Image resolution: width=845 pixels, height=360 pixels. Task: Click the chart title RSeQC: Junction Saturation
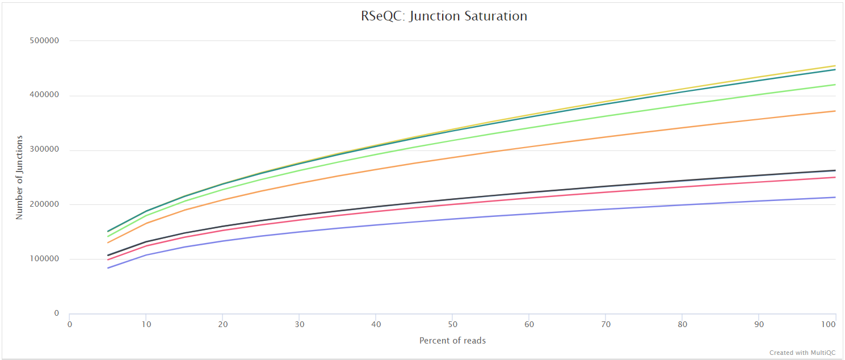click(x=444, y=16)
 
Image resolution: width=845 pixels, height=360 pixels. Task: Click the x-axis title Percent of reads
click(x=452, y=341)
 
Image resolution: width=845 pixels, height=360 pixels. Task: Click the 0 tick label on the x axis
click(x=69, y=324)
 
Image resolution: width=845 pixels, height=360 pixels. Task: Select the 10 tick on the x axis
click(x=146, y=324)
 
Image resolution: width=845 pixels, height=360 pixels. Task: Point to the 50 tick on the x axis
click(x=452, y=324)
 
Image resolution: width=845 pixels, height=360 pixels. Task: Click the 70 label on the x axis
click(x=606, y=324)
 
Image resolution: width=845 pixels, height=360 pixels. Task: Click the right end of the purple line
click(x=835, y=197)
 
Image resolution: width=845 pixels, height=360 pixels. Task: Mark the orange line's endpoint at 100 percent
click(x=835, y=111)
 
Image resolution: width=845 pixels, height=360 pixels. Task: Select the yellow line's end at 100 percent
click(x=835, y=66)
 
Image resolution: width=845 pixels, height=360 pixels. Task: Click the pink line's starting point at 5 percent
click(x=108, y=259)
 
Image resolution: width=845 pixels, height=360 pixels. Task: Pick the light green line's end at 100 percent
click(x=835, y=85)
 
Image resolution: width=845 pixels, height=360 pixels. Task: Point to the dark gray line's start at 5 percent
click(x=108, y=256)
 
